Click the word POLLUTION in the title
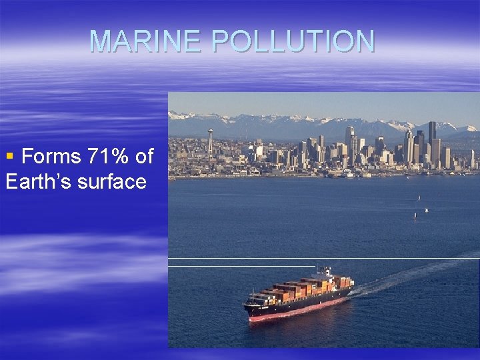293,41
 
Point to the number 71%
107,157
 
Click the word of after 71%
144,157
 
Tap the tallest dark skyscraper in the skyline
432,141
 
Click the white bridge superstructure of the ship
324,274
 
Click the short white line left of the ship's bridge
240,267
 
